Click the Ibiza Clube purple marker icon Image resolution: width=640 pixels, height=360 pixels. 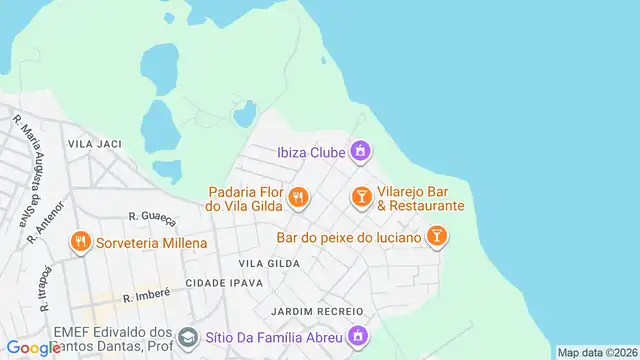click(361, 152)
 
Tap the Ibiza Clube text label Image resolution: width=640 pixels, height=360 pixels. click(310, 153)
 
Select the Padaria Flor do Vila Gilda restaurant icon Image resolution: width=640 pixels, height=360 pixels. click(297, 198)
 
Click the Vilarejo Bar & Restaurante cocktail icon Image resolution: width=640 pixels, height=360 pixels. click(360, 198)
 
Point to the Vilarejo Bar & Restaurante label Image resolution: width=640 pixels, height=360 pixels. click(420, 198)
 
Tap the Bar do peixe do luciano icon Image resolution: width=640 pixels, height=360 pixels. click(436, 237)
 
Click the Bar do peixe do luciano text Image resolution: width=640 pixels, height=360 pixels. click(349, 238)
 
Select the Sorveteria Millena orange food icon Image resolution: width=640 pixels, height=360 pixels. click(80, 242)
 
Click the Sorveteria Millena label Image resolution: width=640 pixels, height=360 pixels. click(151, 243)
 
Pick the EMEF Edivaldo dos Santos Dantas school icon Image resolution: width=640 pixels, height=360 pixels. click(188, 337)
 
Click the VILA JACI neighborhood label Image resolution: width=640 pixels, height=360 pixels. click(94, 144)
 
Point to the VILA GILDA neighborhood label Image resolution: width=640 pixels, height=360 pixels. click(269, 263)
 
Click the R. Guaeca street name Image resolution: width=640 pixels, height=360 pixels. click(152, 215)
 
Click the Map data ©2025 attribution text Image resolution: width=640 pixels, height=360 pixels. click(596, 352)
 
